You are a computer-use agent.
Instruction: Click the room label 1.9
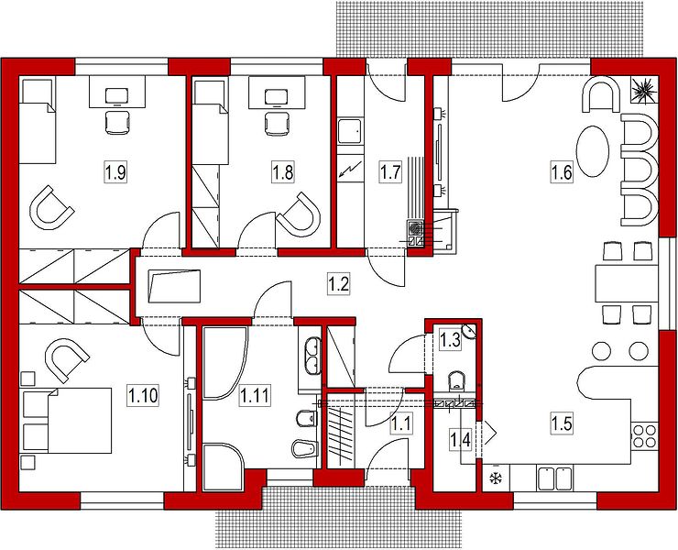[x=115, y=171]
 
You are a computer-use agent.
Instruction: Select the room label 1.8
[x=282, y=171]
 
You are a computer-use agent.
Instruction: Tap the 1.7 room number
[x=390, y=171]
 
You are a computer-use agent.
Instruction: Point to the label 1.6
[x=562, y=171]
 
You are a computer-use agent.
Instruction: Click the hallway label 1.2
[x=338, y=284]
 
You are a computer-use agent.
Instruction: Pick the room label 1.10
[x=143, y=395]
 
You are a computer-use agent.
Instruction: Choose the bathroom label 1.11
[x=255, y=395]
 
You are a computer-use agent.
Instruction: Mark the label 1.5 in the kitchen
[x=562, y=423]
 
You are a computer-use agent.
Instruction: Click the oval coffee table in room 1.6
[x=593, y=151]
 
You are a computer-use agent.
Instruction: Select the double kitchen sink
[x=555, y=478]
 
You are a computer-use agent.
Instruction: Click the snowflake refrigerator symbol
[x=494, y=478]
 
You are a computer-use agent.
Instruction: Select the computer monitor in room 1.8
[x=277, y=97]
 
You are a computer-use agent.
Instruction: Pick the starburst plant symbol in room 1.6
[x=644, y=90]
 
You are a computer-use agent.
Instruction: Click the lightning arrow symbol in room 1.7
[x=350, y=169]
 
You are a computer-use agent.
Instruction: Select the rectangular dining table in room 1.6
[x=626, y=282]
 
